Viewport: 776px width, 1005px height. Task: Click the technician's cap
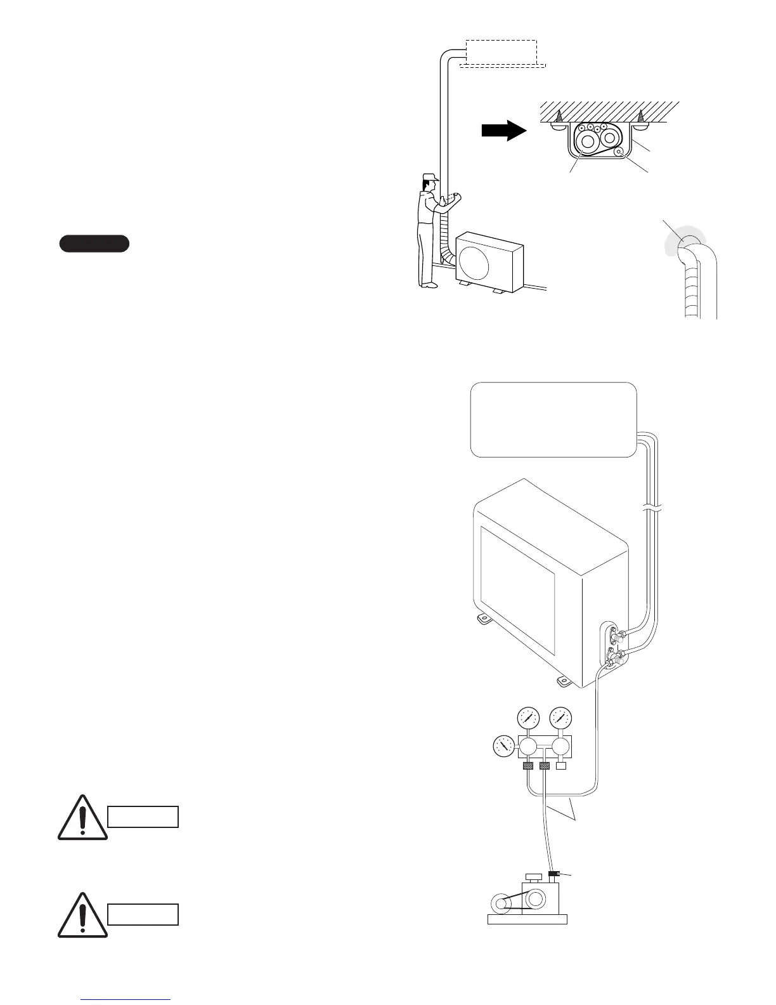point(432,178)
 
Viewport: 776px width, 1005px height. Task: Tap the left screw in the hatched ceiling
point(559,116)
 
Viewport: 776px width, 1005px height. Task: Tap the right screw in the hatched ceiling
point(641,116)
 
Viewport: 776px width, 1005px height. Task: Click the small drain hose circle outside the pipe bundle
point(620,152)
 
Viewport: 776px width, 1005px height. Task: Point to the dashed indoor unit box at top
point(501,51)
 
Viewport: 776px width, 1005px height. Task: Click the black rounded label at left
point(94,244)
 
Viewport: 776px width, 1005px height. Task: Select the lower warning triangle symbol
point(82,916)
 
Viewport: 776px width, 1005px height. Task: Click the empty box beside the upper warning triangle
point(143,817)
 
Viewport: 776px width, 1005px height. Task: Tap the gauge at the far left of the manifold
point(505,747)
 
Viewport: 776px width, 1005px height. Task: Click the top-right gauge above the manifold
point(560,719)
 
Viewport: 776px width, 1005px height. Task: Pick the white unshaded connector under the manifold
point(560,766)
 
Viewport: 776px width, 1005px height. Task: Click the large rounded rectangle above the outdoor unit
point(553,419)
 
